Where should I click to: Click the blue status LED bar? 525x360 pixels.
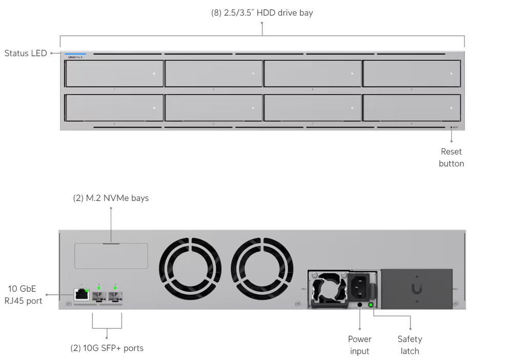tap(75, 53)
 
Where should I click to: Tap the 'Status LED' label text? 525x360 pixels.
tap(26, 53)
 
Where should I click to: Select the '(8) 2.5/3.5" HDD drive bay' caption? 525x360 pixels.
tap(262, 13)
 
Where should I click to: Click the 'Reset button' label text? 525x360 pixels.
tap(451, 157)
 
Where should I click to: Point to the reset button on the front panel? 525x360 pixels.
tap(452, 127)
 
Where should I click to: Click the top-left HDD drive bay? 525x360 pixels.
tap(114, 73)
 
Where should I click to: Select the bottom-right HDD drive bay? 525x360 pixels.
tap(411, 108)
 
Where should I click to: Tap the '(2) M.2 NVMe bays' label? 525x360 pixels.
tap(111, 198)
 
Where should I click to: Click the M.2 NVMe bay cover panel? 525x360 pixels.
tap(111, 256)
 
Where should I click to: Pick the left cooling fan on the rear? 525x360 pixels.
tap(190, 269)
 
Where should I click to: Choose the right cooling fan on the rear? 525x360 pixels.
tap(262, 269)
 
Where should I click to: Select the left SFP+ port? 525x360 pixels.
tap(99, 296)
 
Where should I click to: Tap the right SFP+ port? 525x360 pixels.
tap(115, 296)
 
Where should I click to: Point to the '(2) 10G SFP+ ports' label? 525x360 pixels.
tap(107, 348)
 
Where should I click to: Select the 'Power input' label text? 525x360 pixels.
tap(359, 345)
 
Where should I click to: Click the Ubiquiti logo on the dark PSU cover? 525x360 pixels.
tap(417, 289)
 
